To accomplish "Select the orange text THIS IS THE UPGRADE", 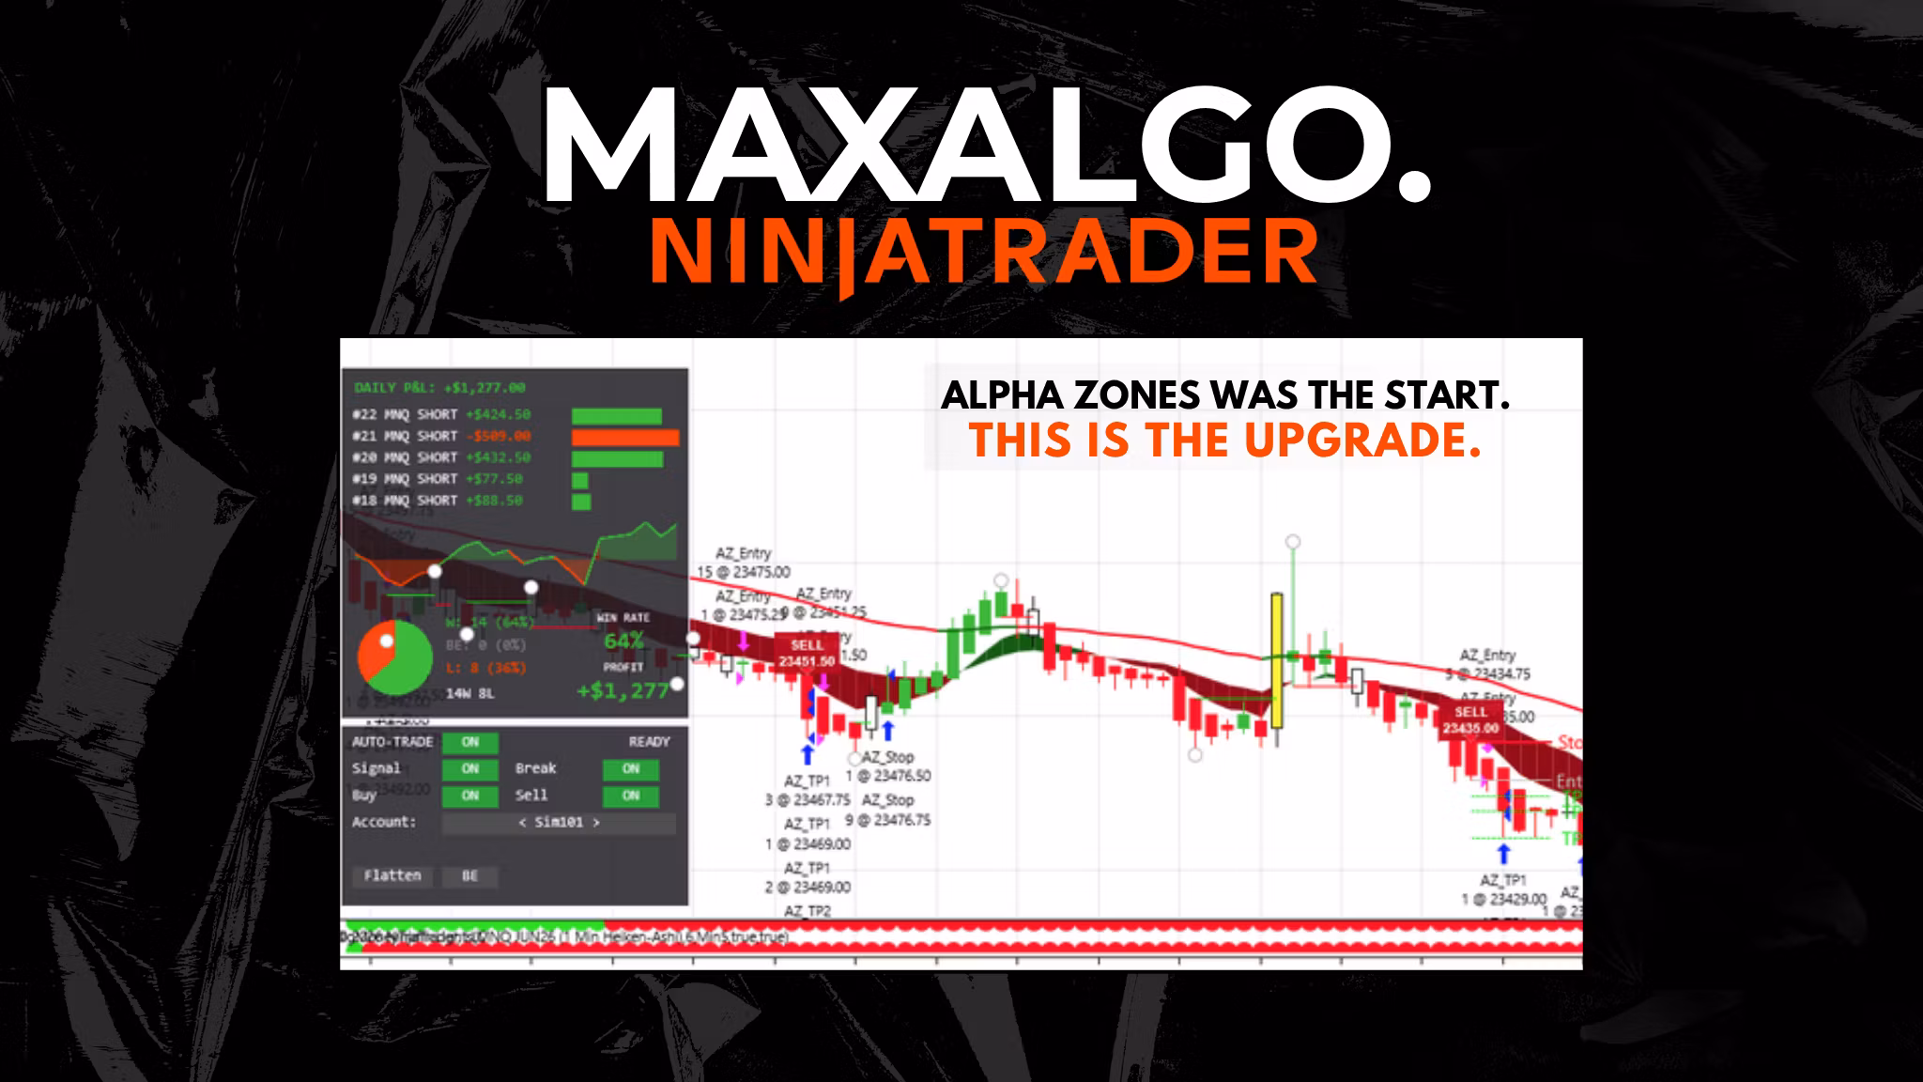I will coord(1224,441).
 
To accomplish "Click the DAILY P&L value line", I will coord(439,387).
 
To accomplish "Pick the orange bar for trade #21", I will coord(624,437).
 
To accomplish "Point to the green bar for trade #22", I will coord(616,415).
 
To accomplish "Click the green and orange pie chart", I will coord(394,656).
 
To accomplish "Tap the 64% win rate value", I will coord(623,641).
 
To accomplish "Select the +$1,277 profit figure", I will coord(623,691).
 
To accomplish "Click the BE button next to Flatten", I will coord(469,875).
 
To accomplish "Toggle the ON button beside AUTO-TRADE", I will coord(470,742).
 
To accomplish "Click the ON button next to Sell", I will coord(630,796).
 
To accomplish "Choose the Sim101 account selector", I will coord(559,823).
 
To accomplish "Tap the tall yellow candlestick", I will coord(1277,659).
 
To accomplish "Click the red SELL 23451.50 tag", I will coord(807,653).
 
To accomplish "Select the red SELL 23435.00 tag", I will coord(1469,720).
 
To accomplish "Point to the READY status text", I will coord(649,742).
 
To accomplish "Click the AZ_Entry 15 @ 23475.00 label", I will coord(743,563).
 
